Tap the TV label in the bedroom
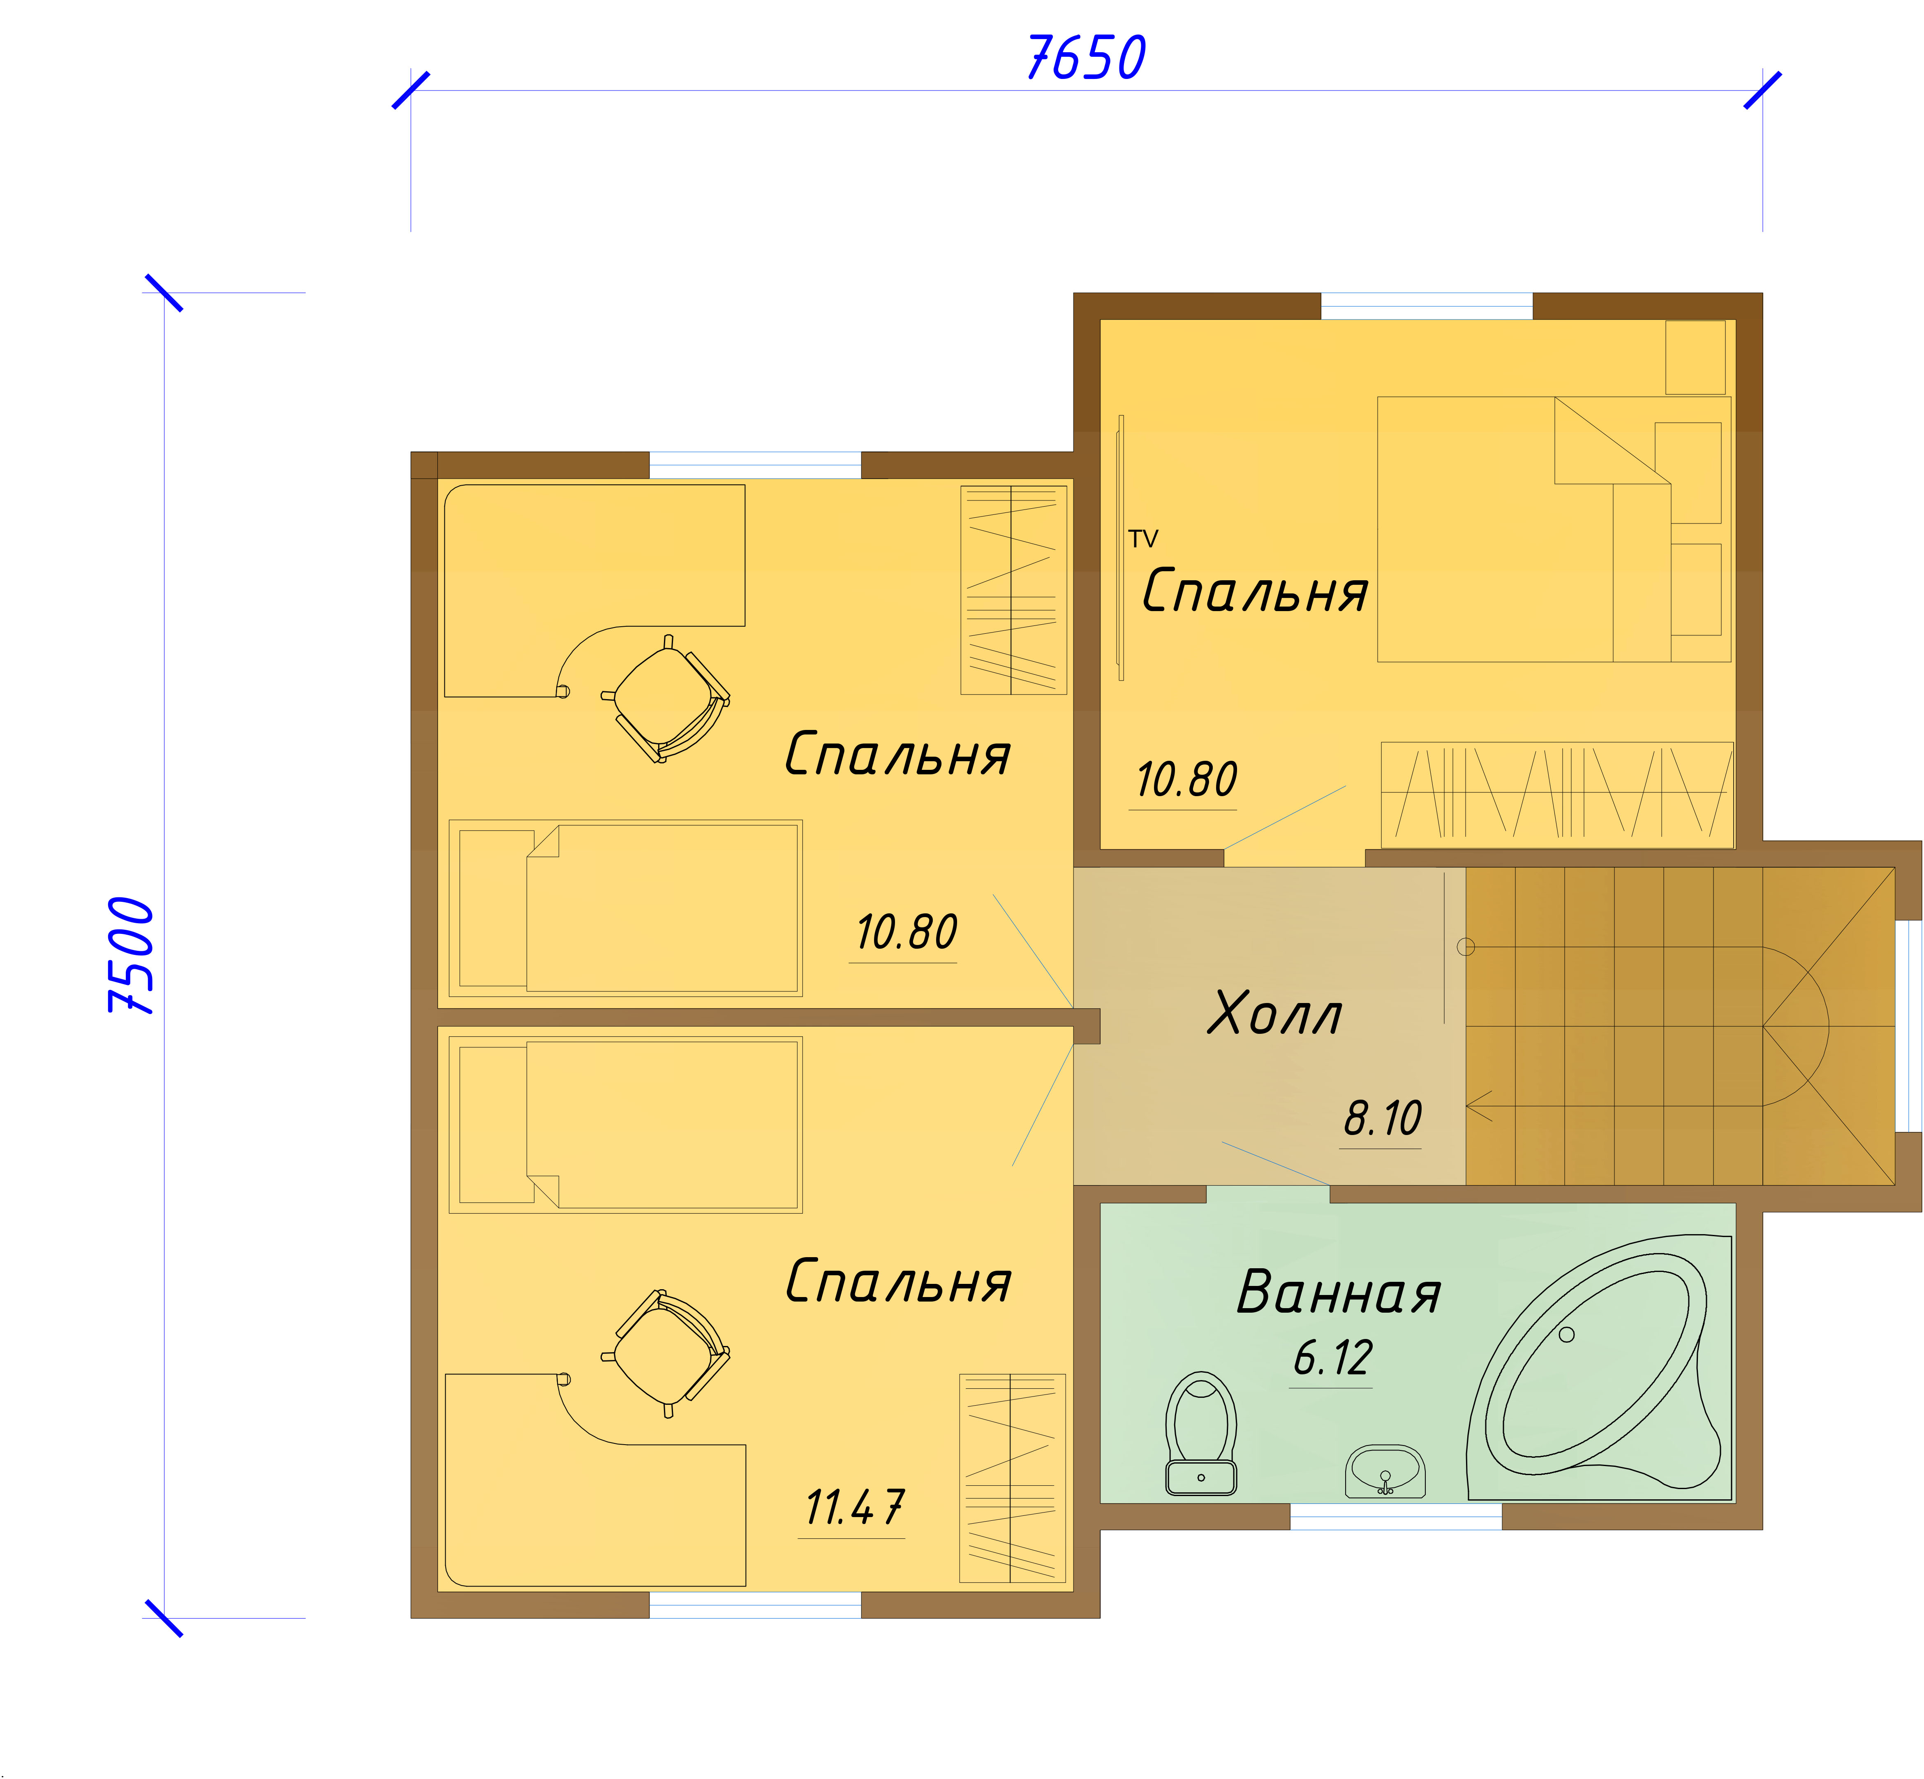tap(1143, 539)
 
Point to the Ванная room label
tap(1339, 1292)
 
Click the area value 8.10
tap(1383, 1118)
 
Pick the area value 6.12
tap(1333, 1357)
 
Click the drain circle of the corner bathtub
tap(1567, 1334)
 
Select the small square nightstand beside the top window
tap(1696, 357)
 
